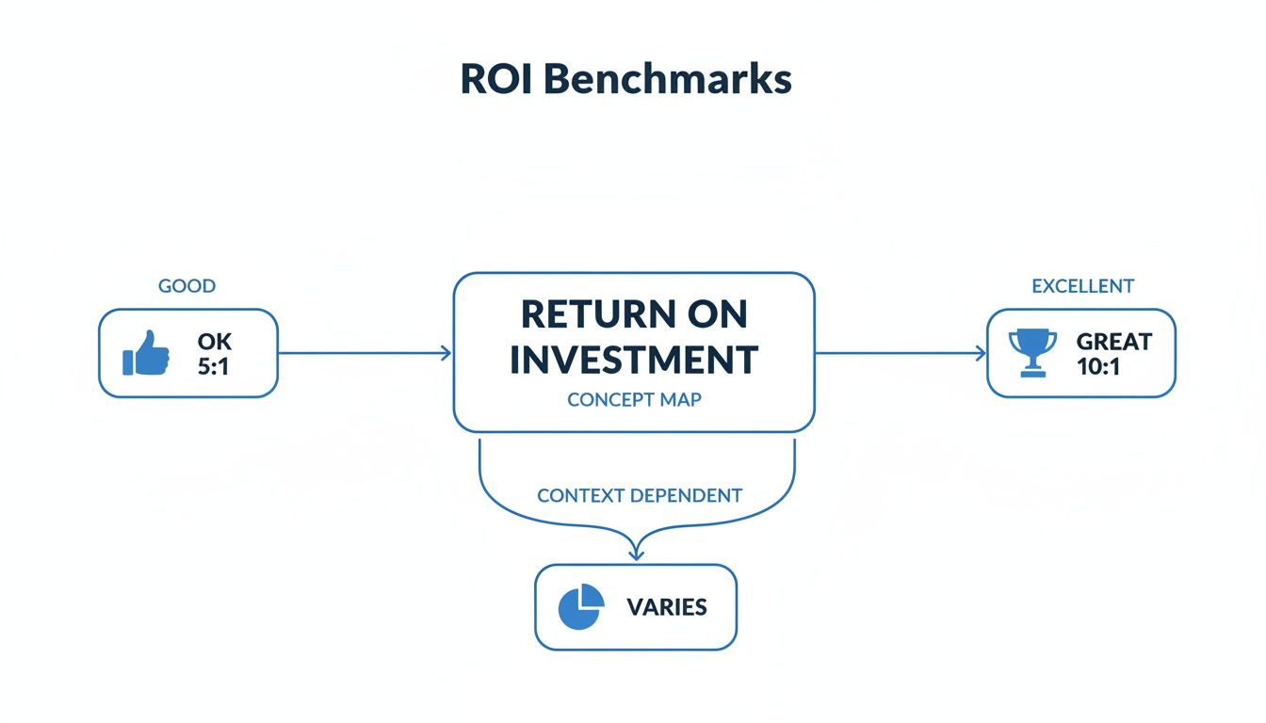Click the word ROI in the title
pos(496,80)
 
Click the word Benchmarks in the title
pos(668,80)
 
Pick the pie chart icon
pos(581,606)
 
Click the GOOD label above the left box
pos(187,285)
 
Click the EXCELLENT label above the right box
pos(1082,285)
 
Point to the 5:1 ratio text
pos(214,366)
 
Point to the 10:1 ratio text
pos(1098,366)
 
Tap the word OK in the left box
pos(215,341)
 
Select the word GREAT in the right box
pos(1113,341)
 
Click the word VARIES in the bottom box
pos(667,607)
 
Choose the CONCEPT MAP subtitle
pos(634,399)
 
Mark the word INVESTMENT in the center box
pos(634,360)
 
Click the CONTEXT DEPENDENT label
pos(640,495)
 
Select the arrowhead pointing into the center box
pos(446,353)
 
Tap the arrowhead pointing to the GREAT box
pos(981,353)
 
